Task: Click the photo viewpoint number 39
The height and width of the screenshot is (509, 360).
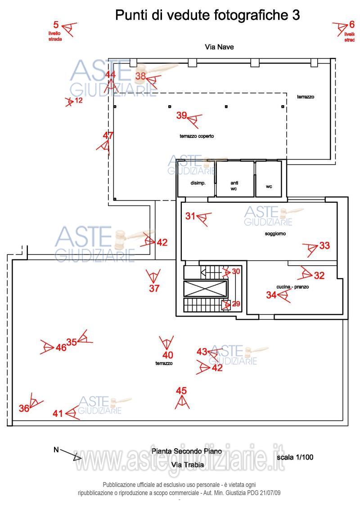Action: (182, 115)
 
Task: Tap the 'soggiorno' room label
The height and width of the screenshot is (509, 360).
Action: (275, 234)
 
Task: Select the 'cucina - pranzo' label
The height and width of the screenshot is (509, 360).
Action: (292, 286)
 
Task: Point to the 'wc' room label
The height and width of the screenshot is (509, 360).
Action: (269, 186)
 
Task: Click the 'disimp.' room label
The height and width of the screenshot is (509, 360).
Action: (198, 183)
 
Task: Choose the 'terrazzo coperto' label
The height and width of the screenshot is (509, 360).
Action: (197, 136)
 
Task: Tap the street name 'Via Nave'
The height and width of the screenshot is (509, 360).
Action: (219, 47)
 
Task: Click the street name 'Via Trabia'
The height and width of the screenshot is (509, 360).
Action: (188, 464)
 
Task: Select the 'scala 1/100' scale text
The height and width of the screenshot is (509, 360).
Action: (295, 457)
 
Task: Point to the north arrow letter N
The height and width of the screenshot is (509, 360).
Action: (56, 450)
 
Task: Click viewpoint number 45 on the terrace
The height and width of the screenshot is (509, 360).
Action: (181, 390)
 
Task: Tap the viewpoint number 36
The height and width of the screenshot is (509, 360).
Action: (24, 408)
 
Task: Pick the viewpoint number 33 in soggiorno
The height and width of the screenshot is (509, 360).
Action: (324, 246)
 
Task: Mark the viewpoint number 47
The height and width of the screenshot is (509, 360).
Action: (108, 135)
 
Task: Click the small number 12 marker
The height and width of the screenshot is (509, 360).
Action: (79, 100)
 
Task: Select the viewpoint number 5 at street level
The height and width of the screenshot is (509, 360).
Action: (56, 24)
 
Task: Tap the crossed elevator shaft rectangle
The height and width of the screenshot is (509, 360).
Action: (205, 289)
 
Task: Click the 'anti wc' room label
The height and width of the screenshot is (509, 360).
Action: (234, 186)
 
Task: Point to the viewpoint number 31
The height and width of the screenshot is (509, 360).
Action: (190, 216)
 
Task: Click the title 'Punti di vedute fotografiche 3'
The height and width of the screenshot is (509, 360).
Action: (207, 15)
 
